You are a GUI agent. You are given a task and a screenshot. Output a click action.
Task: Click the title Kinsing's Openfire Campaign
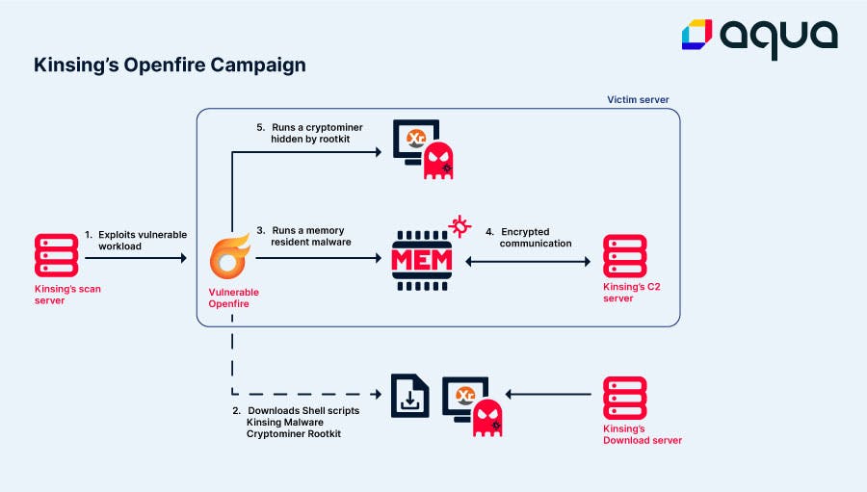[x=170, y=65]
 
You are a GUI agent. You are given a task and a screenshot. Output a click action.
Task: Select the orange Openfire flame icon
[x=230, y=259]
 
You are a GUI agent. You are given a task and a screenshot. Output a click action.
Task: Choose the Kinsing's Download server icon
[x=624, y=400]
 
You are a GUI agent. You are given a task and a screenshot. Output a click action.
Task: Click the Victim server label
[x=638, y=100]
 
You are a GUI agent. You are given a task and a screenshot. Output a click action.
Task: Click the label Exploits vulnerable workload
[x=136, y=240]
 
